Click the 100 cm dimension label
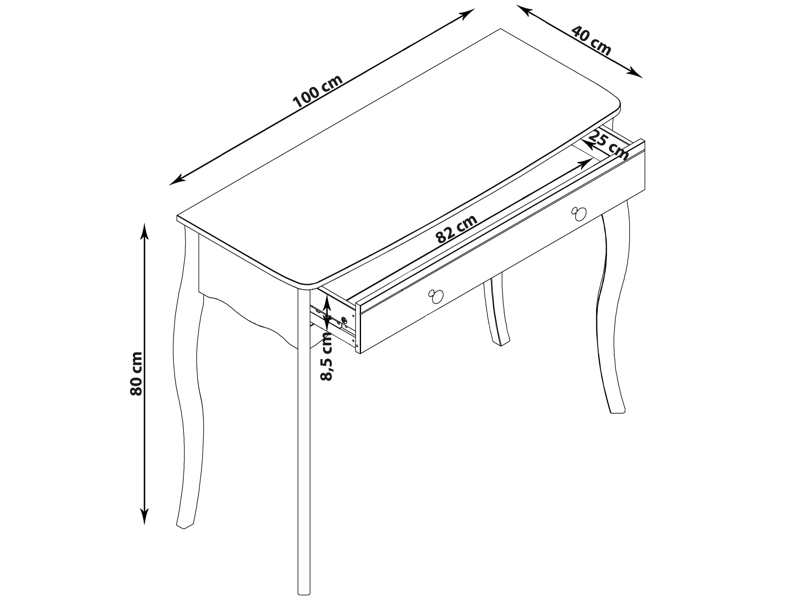click(318, 92)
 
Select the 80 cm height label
click(136, 374)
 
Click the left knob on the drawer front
click(435, 296)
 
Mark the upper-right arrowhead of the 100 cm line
click(467, 14)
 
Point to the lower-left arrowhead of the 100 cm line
click(177, 180)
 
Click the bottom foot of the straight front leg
click(304, 591)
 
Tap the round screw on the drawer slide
click(344, 321)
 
